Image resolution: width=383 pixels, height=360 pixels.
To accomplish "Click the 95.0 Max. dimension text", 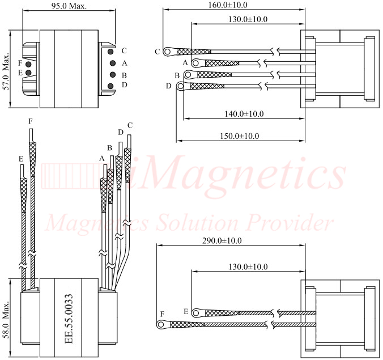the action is [69, 6].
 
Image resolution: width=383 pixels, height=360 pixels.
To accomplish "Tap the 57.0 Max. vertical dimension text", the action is [6, 71].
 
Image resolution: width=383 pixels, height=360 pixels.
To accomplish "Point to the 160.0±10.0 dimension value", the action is [227, 5].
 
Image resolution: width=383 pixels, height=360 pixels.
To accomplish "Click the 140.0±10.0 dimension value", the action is [244, 113].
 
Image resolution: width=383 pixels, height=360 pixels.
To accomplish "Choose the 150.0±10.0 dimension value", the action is [240, 136].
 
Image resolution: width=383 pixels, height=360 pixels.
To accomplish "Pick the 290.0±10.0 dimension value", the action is [222, 241].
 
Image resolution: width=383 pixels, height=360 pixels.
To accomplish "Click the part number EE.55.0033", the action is [69, 319].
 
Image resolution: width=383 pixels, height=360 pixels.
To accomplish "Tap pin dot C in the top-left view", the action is [110, 52].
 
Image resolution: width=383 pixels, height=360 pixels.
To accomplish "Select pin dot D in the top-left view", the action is [110, 86].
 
